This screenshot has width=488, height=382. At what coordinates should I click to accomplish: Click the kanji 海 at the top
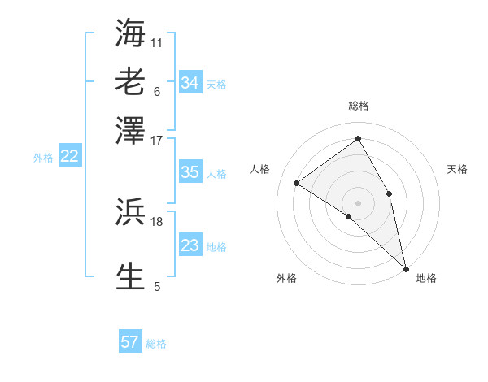tap(130, 33)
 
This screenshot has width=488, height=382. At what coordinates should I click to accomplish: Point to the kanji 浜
tap(130, 211)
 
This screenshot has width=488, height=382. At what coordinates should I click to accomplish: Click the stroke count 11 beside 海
tap(157, 42)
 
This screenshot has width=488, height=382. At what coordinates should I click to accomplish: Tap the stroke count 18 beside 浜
tap(157, 221)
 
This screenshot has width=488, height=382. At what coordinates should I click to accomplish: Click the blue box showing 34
tap(190, 83)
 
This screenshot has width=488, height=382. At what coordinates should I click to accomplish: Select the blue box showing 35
tap(190, 172)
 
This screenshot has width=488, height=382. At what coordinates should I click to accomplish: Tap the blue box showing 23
tap(190, 245)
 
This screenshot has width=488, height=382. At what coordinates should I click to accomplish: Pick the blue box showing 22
tap(69, 157)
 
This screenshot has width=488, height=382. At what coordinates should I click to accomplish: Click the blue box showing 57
tap(130, 342)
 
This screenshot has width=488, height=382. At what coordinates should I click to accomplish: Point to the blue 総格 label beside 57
tap(156, 344)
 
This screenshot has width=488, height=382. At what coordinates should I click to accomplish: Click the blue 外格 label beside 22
tap(43, 158)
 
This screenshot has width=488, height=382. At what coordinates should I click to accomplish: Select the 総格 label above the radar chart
tap(359, 106)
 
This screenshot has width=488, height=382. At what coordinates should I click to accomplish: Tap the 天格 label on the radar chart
tap(458, 169)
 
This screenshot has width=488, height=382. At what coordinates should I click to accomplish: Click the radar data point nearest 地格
tap(406, 267)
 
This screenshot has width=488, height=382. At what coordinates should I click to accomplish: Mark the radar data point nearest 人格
tap(297, 183)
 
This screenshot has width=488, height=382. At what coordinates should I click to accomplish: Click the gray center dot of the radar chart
tap(359, 202)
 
